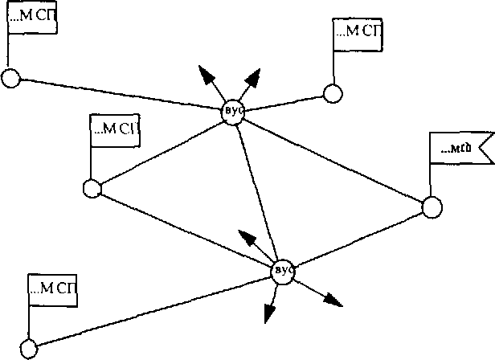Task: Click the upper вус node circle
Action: [234, 110]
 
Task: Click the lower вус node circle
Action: [283, 271]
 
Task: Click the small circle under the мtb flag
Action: [432, 207]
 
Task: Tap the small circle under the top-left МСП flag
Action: [10, 78]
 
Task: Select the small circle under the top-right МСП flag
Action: [333, 93]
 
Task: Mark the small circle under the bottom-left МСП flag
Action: [29, 350]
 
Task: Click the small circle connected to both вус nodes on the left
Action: [92, 189]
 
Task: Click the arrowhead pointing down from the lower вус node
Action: [271, 314]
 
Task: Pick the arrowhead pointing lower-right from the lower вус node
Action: [333, 301]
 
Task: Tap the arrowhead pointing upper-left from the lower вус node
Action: [247, 238]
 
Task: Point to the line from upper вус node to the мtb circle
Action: [333, 159]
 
